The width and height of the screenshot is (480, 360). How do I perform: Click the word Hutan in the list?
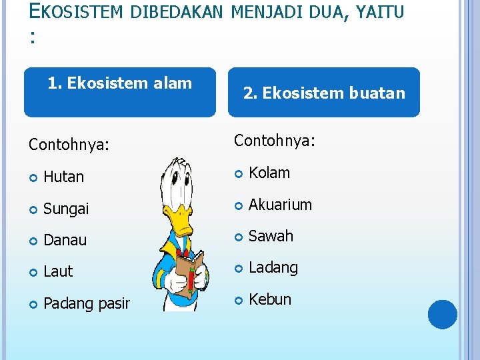tap(63, 177)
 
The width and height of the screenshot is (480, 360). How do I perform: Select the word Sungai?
tap(66, 209)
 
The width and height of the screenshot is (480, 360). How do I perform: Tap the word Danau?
tap(65, 240)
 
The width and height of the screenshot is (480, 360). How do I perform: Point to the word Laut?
tap(58, 271)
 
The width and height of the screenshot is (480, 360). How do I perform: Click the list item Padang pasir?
tap(86, 303)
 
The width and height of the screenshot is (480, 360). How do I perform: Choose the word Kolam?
tap(269, 173)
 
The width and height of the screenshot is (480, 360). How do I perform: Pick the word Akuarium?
tap(280, 205)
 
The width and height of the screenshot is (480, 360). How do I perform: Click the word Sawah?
tap(271, 236)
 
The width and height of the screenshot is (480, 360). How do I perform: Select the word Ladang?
tap(273, 267)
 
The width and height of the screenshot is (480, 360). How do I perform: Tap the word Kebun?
tap(269, 299)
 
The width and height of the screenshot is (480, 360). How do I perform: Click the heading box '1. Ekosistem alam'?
tap(120, 92)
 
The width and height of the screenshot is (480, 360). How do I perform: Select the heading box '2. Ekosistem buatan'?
tap(324, 92)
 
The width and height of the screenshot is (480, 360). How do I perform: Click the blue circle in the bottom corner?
tap(442, 315)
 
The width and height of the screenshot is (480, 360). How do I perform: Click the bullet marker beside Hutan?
tap(33, 177)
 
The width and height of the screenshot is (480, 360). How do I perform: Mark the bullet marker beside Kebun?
tap(239, 300)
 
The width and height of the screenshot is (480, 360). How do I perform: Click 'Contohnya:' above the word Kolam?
tap(275, 141)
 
